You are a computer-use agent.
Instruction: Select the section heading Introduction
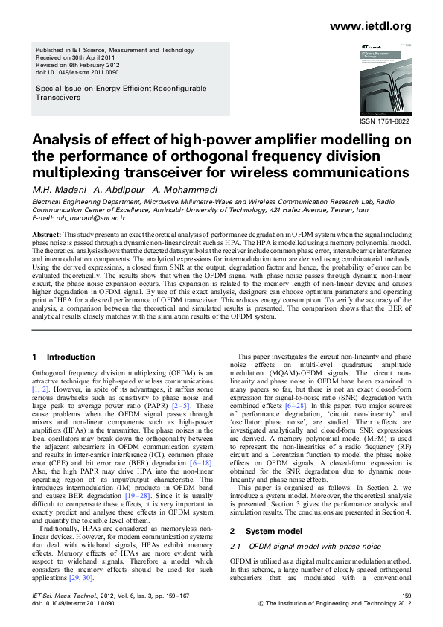(x=71, y=357)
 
